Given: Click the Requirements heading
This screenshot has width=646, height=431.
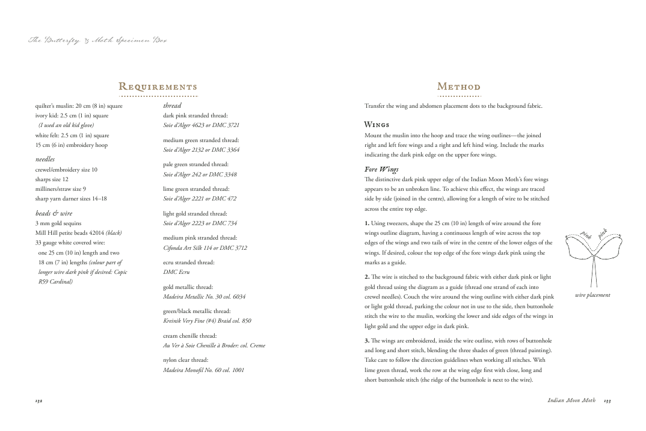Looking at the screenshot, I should click(x=158, y=87).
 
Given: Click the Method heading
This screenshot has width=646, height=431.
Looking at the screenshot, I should click(x=459, y=87).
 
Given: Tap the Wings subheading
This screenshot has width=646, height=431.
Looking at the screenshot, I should click(x=377, y=125).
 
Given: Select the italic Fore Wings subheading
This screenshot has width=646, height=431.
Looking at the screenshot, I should click(x=381, y=169).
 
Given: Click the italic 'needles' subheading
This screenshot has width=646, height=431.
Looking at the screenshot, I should click(x=45, y=159).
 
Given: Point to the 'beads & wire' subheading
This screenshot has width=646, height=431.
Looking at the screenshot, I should click(x=54, y=213).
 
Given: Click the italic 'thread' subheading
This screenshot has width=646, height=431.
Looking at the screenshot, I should click(x=172, y=105).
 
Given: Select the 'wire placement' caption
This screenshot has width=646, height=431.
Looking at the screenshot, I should click(x=592, y=295).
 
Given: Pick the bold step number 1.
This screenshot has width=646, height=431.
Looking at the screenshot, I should click(x=367, y=223).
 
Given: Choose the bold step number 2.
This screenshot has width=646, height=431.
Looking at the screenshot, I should click(x=367, y=276).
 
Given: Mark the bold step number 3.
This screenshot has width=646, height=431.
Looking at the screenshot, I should click(x=367, y=341).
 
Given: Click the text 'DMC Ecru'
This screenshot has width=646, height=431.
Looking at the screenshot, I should click(x=176, y=272).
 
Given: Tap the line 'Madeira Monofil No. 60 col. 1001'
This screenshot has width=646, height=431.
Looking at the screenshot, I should click(x=203, y=370).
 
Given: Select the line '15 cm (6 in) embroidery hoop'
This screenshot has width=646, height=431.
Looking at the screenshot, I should click(x=71, y=145).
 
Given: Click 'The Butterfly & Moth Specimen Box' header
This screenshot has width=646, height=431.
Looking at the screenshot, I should click(x=97, y=40).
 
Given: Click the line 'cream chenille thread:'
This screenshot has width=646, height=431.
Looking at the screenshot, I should click(x=190, y=335).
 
